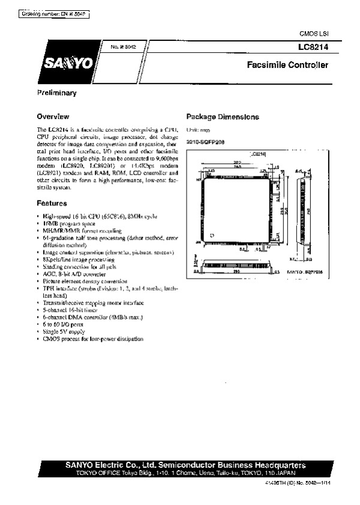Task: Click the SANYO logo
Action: tap(67, 64)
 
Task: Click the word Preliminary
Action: tap(56, 93)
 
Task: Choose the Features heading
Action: tap(52, 204)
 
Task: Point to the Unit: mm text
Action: tap(197, 130)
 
